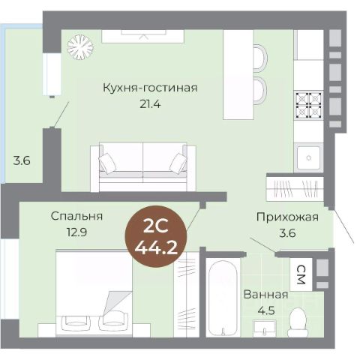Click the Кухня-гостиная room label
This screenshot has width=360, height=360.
[150, 88]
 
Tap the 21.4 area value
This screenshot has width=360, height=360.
[150, 104]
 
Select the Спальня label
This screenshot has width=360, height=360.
[76, 216]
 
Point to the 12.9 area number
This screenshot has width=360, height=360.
[76, 232]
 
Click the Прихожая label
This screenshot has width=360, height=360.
[287, 217]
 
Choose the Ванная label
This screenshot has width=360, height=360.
[265, 295]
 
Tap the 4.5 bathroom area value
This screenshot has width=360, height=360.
[266, 310]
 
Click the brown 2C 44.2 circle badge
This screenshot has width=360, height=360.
[156, 237]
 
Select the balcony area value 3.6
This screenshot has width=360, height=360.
[22, 160]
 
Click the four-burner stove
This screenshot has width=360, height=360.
[308, 105]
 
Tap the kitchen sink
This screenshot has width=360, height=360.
[308, 157]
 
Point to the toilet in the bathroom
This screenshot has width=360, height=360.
[298, 322]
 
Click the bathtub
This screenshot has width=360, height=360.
[223, 298]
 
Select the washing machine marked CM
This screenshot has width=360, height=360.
[301, 274]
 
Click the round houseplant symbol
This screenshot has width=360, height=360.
[80, 46]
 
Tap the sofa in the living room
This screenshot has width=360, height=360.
[143, 167]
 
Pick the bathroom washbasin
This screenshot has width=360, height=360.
[264, 328]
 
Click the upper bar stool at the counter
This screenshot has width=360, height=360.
[260, 58]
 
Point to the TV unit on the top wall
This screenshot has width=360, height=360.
[143, 36]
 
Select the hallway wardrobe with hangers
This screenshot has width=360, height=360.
[295, 188]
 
